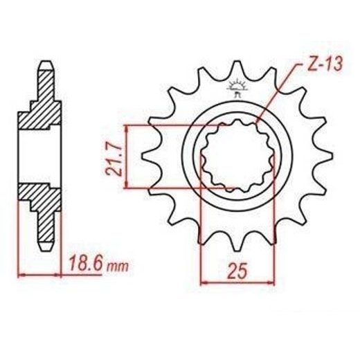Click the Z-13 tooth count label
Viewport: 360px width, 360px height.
click(325, 64)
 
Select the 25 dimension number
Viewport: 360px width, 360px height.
click(237, 271)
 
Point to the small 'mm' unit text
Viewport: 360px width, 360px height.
click(118, 267)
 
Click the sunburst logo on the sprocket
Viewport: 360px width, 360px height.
click(237, 88)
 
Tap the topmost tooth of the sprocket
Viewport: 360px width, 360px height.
click(237, 69)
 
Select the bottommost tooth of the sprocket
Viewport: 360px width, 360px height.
click(237, 242)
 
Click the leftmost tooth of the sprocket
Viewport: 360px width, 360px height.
click(150, 156)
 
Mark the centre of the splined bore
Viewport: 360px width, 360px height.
click(237, 156)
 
